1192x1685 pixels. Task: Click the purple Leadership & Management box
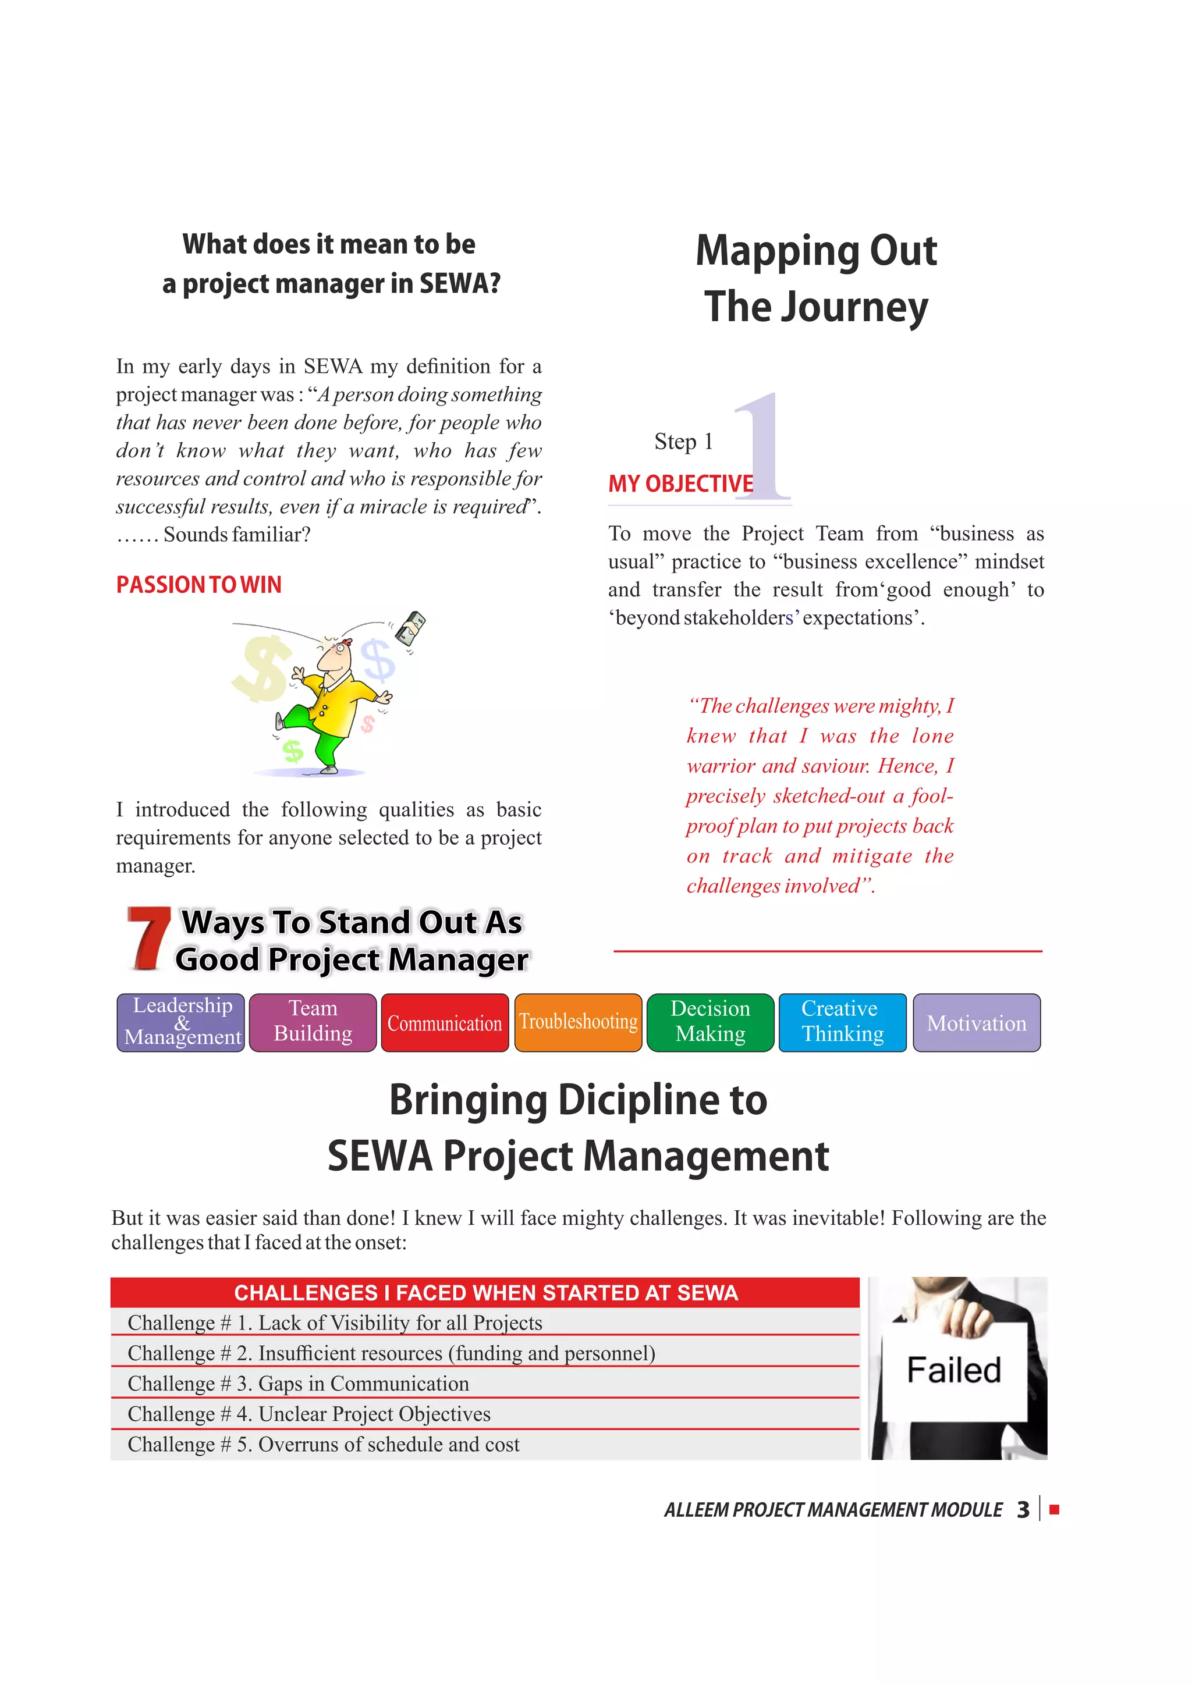[180, 1022]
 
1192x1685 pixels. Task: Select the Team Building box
[313, 1022]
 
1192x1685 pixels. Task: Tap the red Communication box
[445, 1022]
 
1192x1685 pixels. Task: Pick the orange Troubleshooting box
[579, 1022]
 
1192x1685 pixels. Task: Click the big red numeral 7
[148, 939]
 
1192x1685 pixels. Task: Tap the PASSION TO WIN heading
[199, 585]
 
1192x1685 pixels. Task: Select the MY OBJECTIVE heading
[680, 484]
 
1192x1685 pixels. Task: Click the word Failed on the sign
[953, 1370]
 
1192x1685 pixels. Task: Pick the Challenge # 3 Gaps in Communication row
[484, 1384]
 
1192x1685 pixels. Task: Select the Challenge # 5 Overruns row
[484, 1444]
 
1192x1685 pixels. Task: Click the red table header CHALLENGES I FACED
[485, 1293]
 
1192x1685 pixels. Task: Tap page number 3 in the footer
[1023, 1510]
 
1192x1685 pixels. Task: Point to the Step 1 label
[683, 442]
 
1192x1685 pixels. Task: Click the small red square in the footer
[1055, 1510]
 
